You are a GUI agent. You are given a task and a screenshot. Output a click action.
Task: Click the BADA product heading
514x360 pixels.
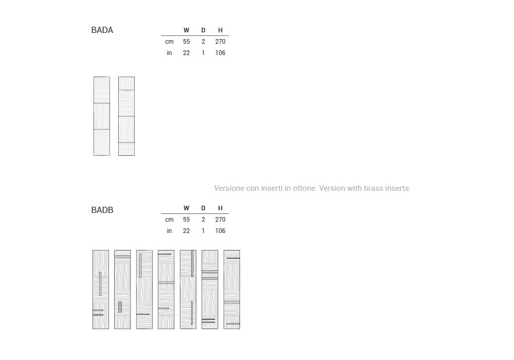102,30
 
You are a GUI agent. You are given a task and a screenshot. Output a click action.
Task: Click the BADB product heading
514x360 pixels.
102,210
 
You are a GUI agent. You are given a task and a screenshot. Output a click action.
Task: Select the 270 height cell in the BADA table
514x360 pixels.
221,42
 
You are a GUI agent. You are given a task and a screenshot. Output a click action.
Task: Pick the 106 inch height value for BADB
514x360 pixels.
221,231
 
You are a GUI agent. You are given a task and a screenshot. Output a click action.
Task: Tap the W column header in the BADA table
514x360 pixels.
186,30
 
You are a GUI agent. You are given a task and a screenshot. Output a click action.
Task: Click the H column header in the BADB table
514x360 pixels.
221,208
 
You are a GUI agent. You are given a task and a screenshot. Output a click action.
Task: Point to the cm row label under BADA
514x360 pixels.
169,42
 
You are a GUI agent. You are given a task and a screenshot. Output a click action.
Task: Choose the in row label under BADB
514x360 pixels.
169,231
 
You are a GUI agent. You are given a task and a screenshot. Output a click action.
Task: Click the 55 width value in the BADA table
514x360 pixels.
186,42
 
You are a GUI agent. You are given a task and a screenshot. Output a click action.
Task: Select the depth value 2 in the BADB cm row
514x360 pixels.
203,220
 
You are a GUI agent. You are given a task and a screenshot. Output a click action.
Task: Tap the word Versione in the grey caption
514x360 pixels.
229,188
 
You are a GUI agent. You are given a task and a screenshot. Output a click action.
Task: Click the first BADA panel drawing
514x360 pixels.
102,116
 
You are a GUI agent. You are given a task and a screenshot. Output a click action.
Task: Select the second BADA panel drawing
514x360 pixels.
126,116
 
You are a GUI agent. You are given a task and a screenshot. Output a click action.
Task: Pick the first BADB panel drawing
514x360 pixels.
101,290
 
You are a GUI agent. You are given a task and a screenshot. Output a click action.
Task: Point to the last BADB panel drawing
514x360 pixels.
232,290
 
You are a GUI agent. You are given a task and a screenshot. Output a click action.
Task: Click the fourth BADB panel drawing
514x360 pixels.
166,290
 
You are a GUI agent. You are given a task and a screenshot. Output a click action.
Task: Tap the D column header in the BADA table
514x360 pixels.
203,30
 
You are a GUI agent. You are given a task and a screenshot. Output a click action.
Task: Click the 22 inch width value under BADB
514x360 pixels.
186,231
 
